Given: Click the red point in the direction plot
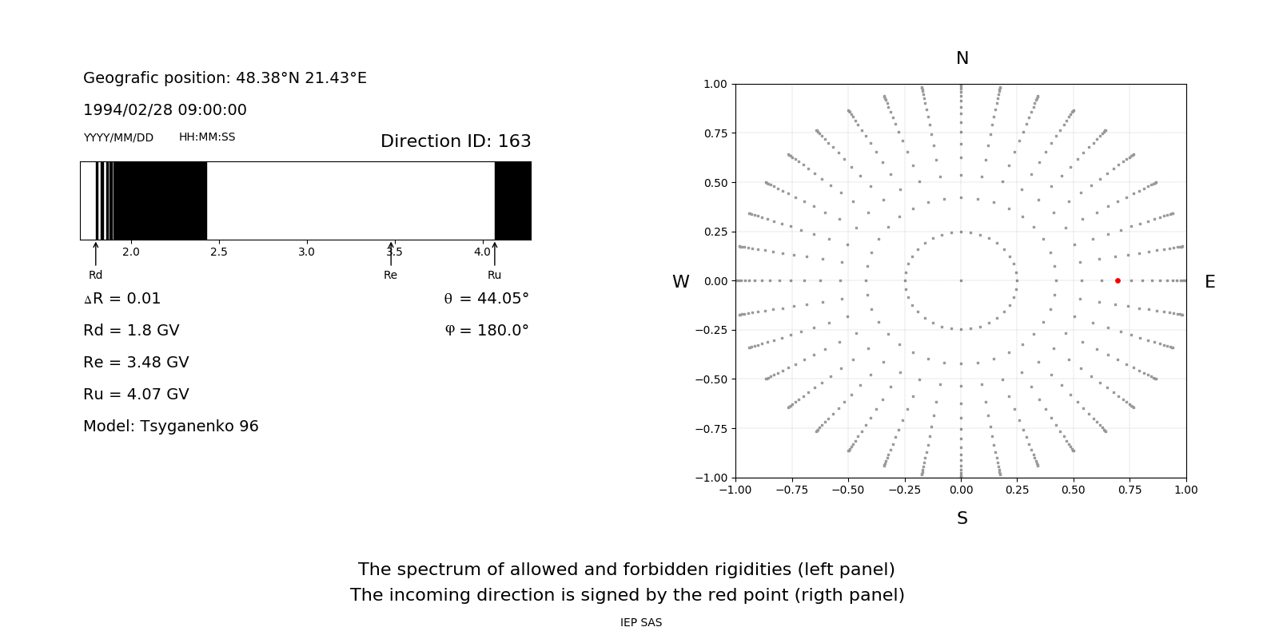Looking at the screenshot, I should [x=1118, y=280].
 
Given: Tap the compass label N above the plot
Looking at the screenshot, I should [x=962, y=58].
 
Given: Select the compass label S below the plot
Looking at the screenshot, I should [x=962, y=518].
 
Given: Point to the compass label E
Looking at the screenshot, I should [x=1209, y=282].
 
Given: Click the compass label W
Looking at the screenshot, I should [x=680, y=282].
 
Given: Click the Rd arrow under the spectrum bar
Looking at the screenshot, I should [x=96, y=253].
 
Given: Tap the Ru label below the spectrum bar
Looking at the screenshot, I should [x=494, y=275].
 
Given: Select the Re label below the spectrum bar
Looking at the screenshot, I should [x=390, y=275].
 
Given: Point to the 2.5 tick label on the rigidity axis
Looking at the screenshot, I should [x=218, y=252].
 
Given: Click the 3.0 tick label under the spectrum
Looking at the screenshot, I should [x=306, y=252].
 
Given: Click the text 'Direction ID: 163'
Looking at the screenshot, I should [x=456, y=141].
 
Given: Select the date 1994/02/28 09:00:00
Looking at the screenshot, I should [x=165, y=110].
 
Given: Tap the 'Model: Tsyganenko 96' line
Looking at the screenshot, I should [x=171, y=427].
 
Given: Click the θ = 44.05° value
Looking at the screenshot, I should [x=486, y=299].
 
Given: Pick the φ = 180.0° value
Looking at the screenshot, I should [x=487, y=331].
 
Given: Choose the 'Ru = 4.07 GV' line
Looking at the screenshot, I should [x=136, y=395].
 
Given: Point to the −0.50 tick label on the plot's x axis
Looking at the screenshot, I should [x=848, y=490].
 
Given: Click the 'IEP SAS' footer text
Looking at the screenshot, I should [x=641, y=622].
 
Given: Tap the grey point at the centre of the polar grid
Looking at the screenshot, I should [x=961, y=280].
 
